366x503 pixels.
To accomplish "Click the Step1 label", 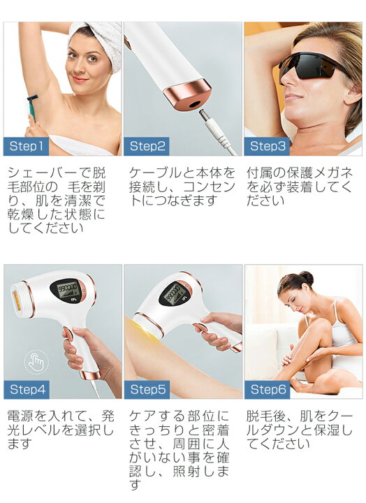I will point(27,146).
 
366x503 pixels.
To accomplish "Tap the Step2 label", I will point(147,146).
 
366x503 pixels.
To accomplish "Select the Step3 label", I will point(268,146).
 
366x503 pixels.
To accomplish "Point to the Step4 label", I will point(27,389).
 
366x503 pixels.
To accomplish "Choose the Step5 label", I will point(147,389).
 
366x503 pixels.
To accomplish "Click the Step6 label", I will point(268,389).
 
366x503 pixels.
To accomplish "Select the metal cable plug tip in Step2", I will point(207,120).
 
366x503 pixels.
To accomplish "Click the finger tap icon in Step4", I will point(34,361).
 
